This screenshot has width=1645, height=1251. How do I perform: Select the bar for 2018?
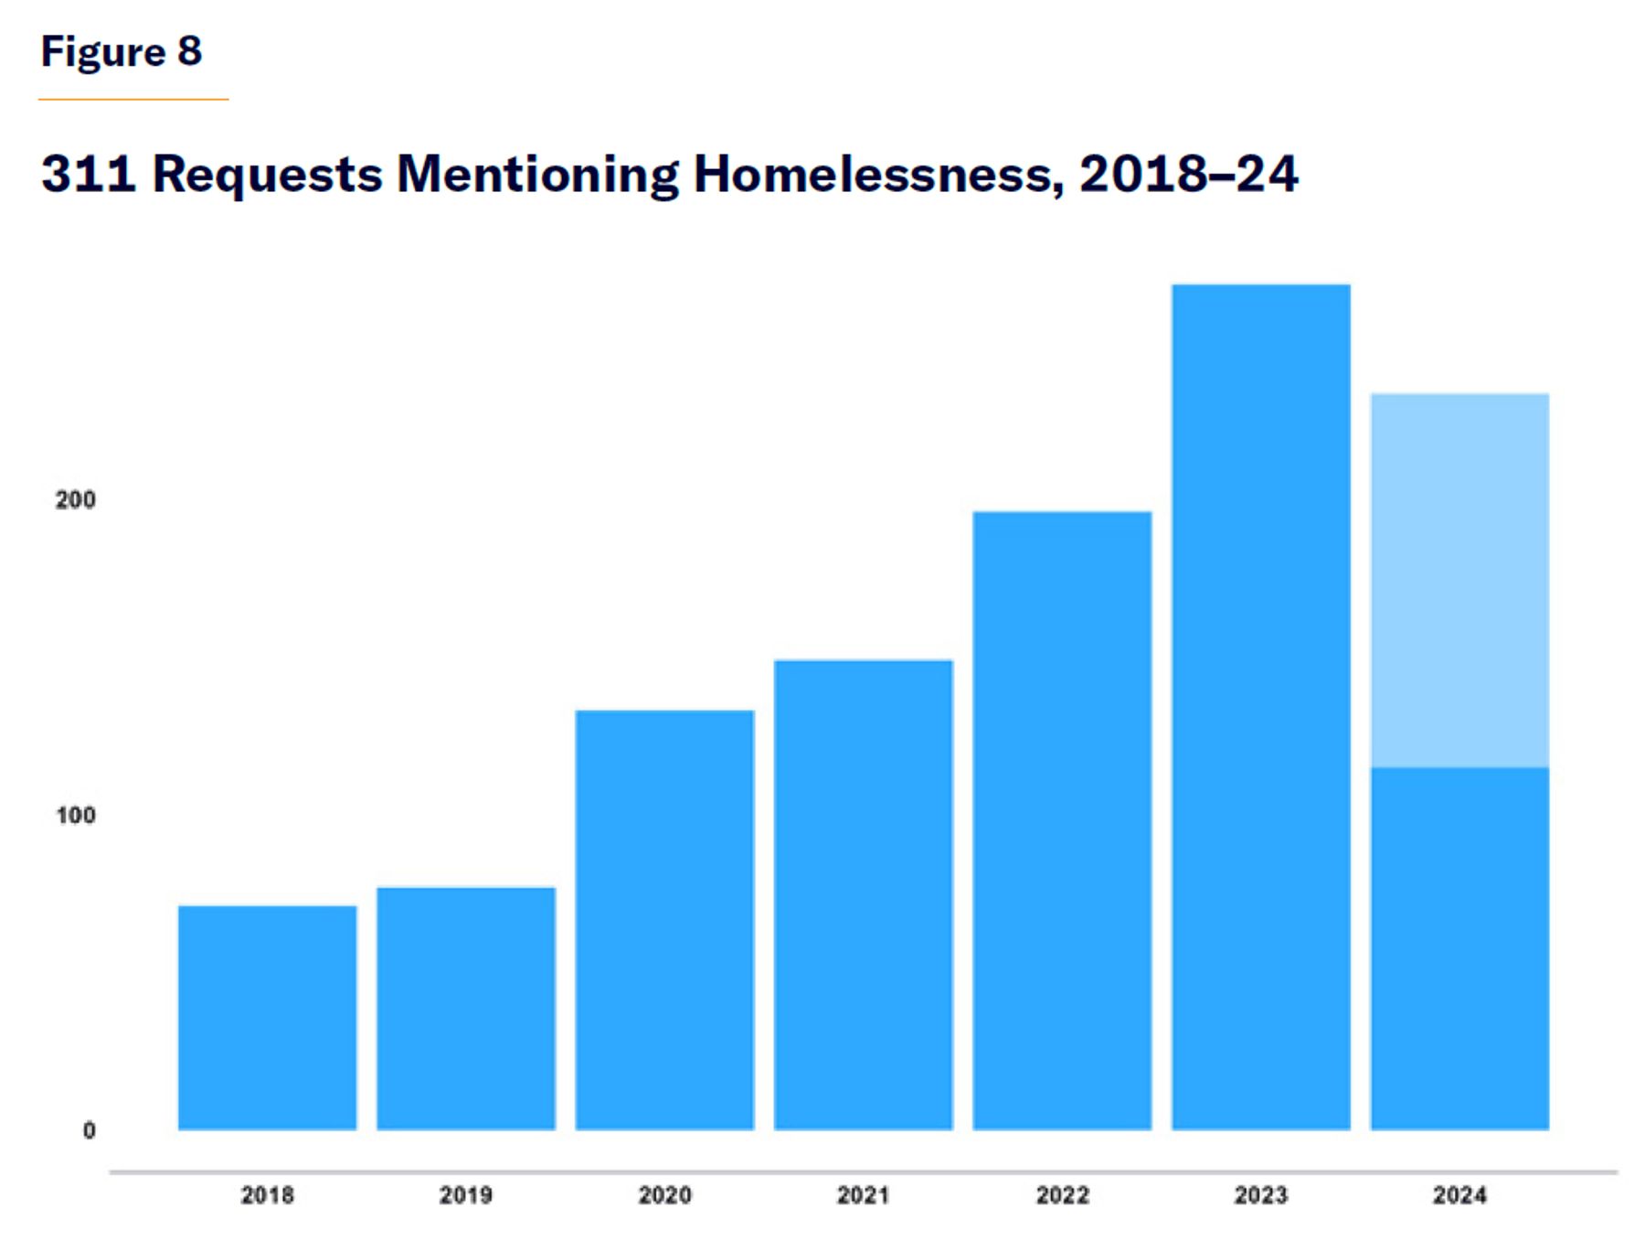(267, 1017)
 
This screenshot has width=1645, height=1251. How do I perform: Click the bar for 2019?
(466, 1008)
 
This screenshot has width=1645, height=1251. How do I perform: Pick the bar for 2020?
(664, 919)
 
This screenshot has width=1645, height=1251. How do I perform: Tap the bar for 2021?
(864, 894)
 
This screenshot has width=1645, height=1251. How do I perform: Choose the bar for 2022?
(1062, 820)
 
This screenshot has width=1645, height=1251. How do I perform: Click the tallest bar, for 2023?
(1261, 707)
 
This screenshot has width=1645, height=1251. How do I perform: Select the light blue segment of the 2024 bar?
(1459, 580)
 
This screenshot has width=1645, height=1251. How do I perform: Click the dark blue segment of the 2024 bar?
(1459, 948)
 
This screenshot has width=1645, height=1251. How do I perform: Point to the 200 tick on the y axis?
(75, 499)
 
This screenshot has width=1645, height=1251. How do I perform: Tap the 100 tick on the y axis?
(75, 815)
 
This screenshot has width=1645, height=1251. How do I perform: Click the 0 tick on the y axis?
(89, 1130)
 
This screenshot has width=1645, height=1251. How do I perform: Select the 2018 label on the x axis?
(267, 1194)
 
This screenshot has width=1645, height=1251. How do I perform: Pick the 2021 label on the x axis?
(864, 1194)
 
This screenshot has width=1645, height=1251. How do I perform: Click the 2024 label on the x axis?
(1459, 1194)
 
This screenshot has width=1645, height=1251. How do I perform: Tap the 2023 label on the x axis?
(1261, 1194)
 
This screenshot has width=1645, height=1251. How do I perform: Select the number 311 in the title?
(89, 173)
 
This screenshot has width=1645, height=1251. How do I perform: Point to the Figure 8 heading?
(122, 51)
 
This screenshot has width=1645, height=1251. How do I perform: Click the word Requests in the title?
(267, 174)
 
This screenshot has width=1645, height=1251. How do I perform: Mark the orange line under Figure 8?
(133, 99)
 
